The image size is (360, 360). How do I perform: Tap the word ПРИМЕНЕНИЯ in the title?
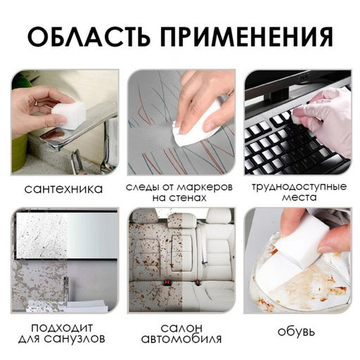coord(249,35)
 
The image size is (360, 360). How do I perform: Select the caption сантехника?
coord(63,188)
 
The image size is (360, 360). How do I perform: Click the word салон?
coord(179,327)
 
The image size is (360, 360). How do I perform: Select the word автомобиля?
coord(179,340)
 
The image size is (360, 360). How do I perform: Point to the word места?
coord(299,198)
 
